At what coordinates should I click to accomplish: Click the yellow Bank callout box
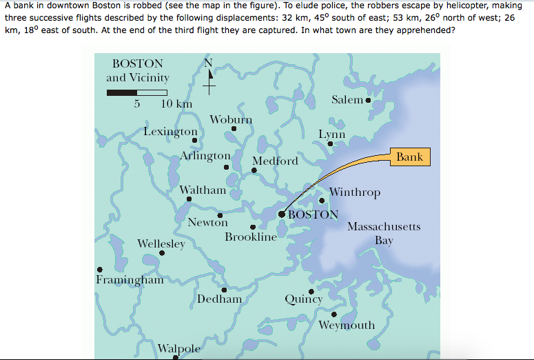point(409,157)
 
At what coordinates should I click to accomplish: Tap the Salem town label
point(347,100)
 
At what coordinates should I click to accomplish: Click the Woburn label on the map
point(231,119)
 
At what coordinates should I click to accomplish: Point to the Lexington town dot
point(194,140)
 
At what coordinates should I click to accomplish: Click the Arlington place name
point(205,156)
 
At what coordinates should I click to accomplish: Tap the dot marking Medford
point(254,171)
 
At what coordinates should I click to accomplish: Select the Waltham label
point(203,190)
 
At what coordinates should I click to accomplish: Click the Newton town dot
point(219,215)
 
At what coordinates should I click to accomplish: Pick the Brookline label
point(251,237)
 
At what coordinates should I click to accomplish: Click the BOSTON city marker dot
point(282,214)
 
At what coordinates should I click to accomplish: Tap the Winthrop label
point(355,192)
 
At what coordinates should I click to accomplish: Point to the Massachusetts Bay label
point(384,233)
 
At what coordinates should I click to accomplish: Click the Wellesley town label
point(161,243)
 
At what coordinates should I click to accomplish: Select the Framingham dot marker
point(101,270)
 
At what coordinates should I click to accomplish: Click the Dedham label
point(220,299)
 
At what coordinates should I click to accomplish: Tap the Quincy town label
point(304,299)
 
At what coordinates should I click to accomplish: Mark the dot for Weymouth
point(334,314)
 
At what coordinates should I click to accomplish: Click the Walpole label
point(179,348)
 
